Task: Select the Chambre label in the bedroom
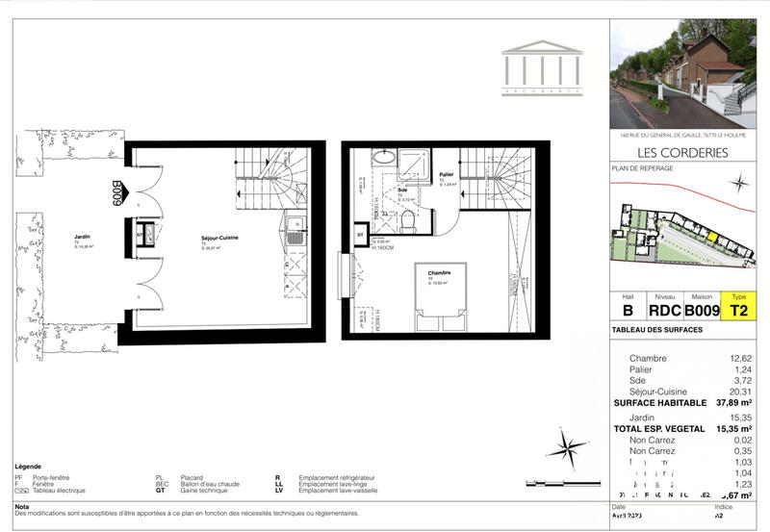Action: [x=440, y=272]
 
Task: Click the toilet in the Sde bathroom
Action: [x=408, y=222]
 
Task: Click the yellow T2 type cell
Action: [x=739, y=310]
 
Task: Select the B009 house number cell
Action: [x=703, y=310]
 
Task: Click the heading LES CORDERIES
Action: [x=682, y=152]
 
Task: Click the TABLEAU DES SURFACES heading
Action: [x=657, y=330]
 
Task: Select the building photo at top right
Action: [x=682, y=75]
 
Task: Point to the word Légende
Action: [x=28, y=467]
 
